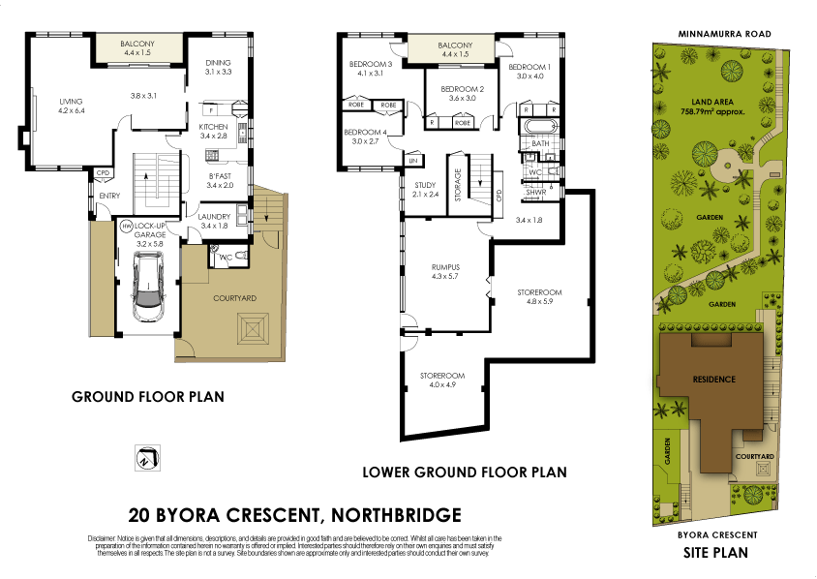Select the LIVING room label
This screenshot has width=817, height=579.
(71, 101)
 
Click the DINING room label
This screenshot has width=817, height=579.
(218, 63)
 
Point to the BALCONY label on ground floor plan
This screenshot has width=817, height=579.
(138, 45)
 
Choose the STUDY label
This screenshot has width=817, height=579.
(424, 185)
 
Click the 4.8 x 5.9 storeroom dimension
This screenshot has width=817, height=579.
(539, 300)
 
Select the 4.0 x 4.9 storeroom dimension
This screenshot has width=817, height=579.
(441, 384)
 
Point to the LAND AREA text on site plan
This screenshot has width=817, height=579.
(712, 101)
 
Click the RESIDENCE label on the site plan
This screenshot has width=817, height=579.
(712, 379)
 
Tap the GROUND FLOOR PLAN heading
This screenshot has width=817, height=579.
(149, 397)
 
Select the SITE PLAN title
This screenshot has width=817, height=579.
(716, 554)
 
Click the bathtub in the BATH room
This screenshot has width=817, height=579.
(539, 127)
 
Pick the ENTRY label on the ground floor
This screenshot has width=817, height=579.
(109, 196)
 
